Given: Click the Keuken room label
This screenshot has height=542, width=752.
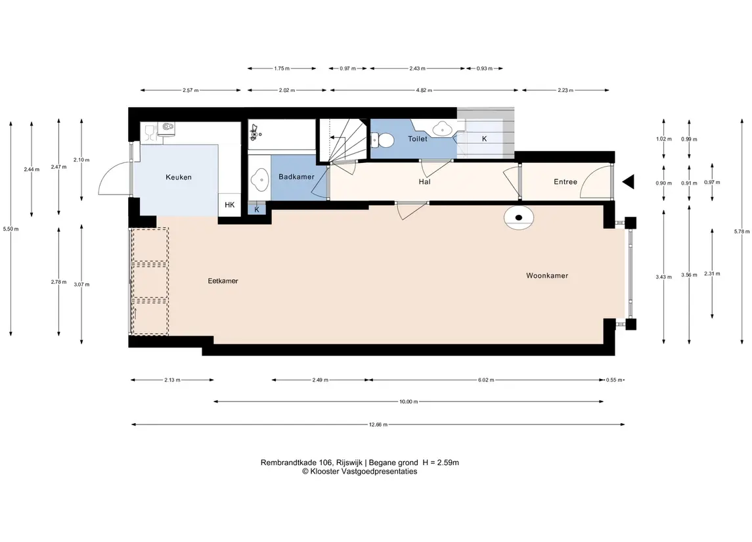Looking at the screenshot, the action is (179, 177).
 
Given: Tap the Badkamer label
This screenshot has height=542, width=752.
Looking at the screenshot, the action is (296, 177).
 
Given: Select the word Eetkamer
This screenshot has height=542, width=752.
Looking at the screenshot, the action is (223, 281).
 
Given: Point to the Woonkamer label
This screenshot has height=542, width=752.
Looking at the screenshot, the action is (547, 276).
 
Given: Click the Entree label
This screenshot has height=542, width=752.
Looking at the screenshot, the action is (565, 182).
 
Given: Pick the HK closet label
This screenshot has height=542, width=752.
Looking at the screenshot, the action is (230, 205).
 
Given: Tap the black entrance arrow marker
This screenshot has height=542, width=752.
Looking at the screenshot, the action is (629, 182).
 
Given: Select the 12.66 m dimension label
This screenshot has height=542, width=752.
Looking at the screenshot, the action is (378, 424).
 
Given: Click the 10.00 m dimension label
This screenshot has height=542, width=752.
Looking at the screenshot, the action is (409, 401).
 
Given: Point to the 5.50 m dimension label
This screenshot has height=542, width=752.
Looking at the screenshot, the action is (11, 229).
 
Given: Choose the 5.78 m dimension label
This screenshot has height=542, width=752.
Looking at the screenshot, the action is (741, 231).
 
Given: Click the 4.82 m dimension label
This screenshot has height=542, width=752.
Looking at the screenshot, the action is (424, 90).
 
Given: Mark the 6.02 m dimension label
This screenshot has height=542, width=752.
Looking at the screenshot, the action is (486, 380).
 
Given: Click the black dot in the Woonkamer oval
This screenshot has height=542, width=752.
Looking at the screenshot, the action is (518, 217).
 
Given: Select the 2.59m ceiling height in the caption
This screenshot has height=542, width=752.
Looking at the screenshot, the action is (449, 463).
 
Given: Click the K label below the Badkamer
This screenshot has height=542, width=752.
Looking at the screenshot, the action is (257, 210).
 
